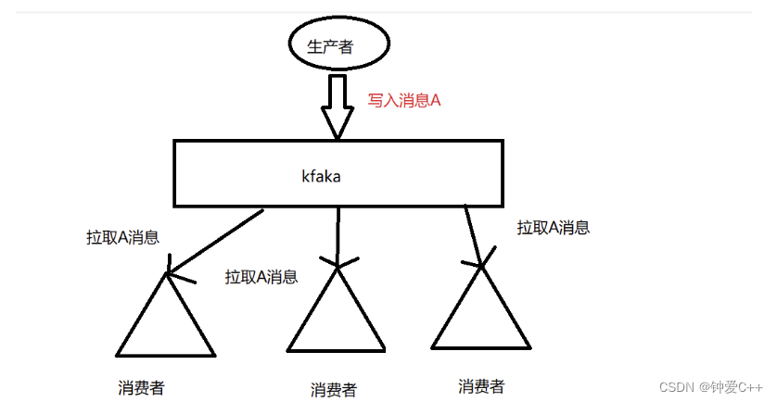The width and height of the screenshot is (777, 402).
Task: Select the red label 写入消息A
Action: [403, 101]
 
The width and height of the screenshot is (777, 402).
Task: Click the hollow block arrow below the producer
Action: [338, 104]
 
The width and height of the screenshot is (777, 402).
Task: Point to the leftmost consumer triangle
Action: [166, 320]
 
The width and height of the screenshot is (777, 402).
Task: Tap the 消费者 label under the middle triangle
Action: [334, 390]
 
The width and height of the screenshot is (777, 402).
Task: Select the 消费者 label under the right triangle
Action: [481, 385]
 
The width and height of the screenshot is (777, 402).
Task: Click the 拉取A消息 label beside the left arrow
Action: [122, 237]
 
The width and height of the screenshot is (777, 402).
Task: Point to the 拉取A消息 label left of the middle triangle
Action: [261, 276]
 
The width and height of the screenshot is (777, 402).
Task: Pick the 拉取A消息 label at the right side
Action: [554, 227]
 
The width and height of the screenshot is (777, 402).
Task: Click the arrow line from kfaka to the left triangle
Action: [215, 240]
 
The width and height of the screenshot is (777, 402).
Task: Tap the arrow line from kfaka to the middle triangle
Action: [338, 234]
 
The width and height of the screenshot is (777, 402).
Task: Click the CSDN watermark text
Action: [705, 385]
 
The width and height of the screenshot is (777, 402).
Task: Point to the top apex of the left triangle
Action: [167, 274]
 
